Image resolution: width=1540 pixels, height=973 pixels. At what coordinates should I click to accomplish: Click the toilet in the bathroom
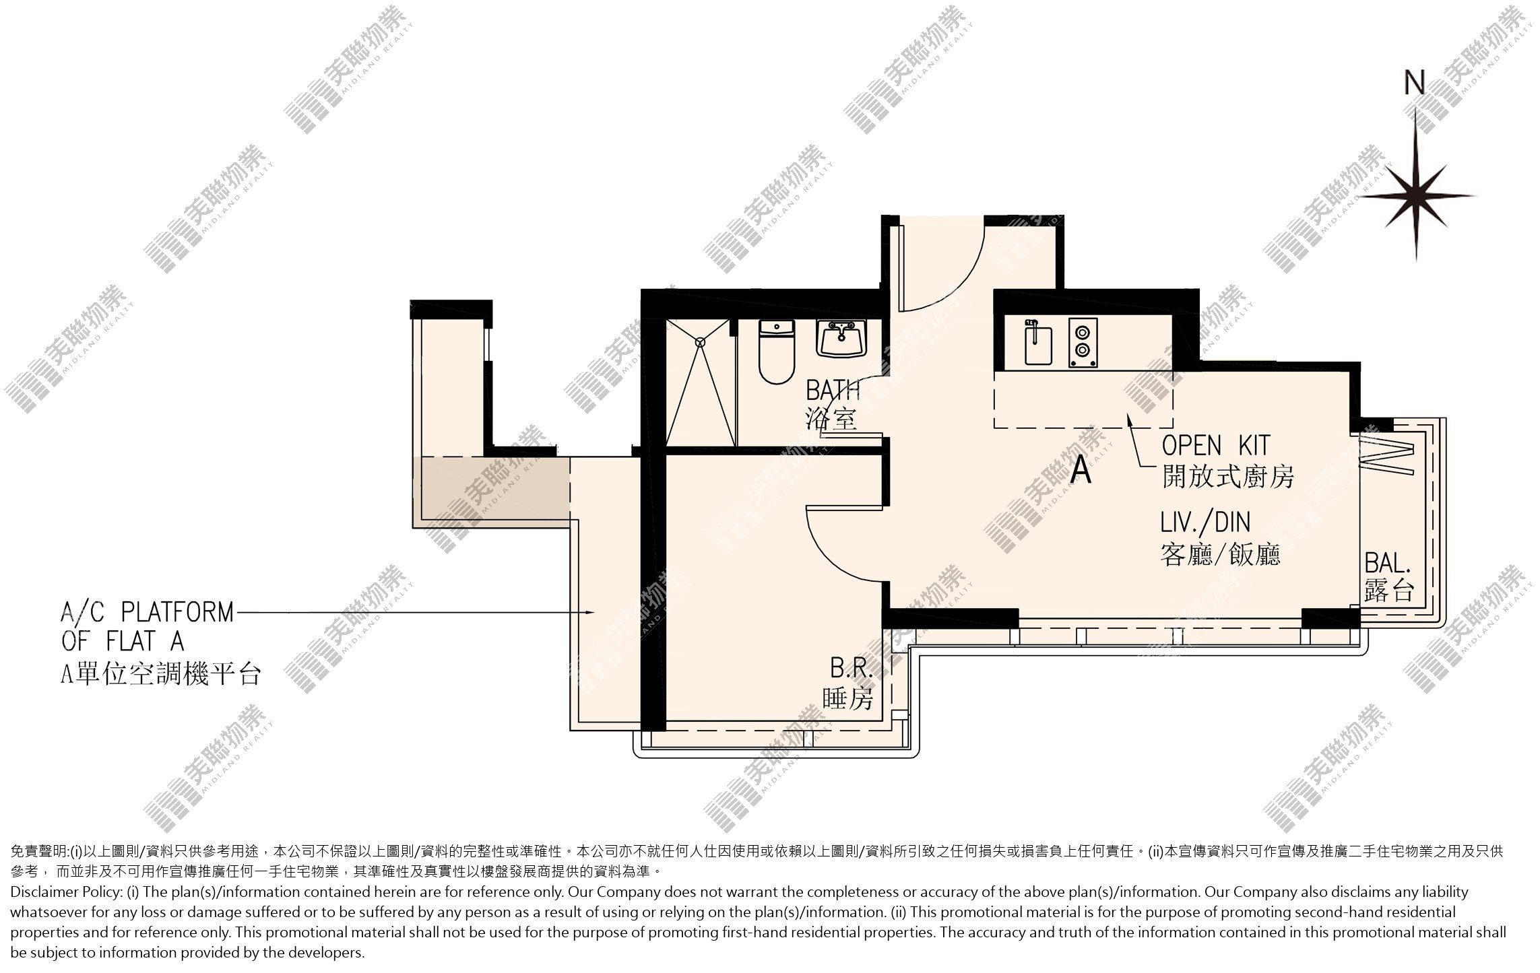777,351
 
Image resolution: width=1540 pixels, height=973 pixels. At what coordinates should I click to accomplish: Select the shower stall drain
701,341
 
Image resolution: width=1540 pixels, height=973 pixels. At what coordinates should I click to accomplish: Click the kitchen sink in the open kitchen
1037,343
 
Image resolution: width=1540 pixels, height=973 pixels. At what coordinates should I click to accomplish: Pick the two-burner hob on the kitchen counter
1082,343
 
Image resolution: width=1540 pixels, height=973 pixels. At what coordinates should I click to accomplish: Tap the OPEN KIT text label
1216,445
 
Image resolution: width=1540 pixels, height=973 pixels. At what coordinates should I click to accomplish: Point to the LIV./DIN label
1205,523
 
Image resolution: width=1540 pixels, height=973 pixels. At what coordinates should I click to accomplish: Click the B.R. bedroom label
851,669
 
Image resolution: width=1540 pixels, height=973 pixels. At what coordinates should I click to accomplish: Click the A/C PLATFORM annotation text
148,612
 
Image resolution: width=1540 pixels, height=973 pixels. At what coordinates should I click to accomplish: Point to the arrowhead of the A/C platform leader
589,612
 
